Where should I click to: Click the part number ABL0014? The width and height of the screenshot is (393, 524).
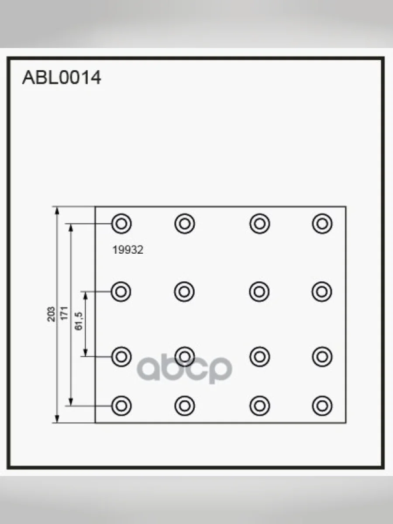point(62,78)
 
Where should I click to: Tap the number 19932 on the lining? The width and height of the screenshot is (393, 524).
point(128,250)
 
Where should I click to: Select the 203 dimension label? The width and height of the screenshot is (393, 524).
point(51,314)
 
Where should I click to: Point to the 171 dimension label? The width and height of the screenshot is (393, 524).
point(65,314)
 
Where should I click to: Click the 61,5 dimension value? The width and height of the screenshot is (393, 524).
point(79,321)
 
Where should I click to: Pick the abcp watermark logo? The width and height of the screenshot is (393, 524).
point(184,369)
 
